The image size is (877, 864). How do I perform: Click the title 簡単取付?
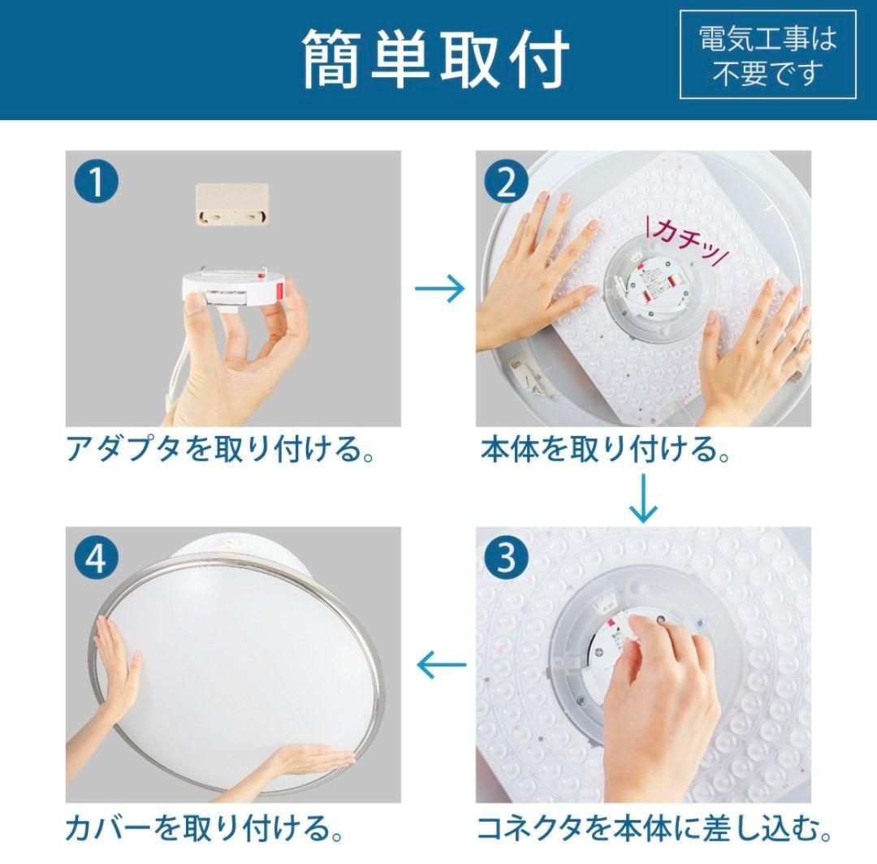click(x=436, y=58)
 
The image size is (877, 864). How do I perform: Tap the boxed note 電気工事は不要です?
click(x=767, y=55)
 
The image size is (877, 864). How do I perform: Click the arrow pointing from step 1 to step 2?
click(x=439, y=288)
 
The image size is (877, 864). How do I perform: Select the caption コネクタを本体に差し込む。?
click(x=654, y=828)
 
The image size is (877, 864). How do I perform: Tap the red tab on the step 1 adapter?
click(x=282, y=290)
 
